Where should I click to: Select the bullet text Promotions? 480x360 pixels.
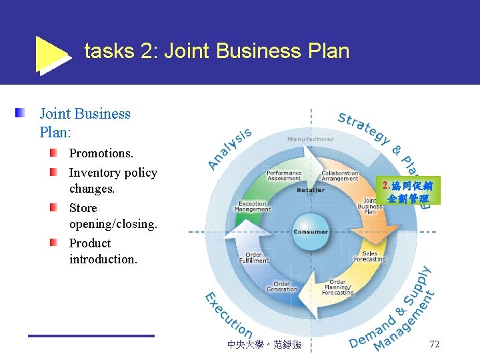click(x=101, y=153)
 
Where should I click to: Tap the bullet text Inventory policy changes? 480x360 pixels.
click(x=113, y=181)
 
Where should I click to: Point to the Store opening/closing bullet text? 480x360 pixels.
click(x=113, y=216)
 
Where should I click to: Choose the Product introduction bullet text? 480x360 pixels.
click(x=103, y=251)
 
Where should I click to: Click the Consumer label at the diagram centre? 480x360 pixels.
click(x=310, y=232)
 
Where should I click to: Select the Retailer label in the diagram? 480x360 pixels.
click(x=311, y=190)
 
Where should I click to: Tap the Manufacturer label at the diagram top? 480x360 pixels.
click(x=311, y=139)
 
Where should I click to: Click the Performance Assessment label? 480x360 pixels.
click(x=284, y=175)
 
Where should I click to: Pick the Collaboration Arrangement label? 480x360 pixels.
click(x=339, y=175)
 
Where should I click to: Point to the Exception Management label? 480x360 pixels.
click(x=253, y=207)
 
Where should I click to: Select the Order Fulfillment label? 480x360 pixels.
click(x=257, y=257)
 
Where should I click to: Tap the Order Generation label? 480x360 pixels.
click(x=282, y=286)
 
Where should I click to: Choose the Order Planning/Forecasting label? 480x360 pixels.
click(x=337, y=287)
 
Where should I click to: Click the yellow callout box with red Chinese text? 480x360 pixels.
click(x=407, y=192)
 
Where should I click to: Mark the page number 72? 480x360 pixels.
click(x=434, y=345)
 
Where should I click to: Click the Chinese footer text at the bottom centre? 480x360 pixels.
click(x=264, y=345)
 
